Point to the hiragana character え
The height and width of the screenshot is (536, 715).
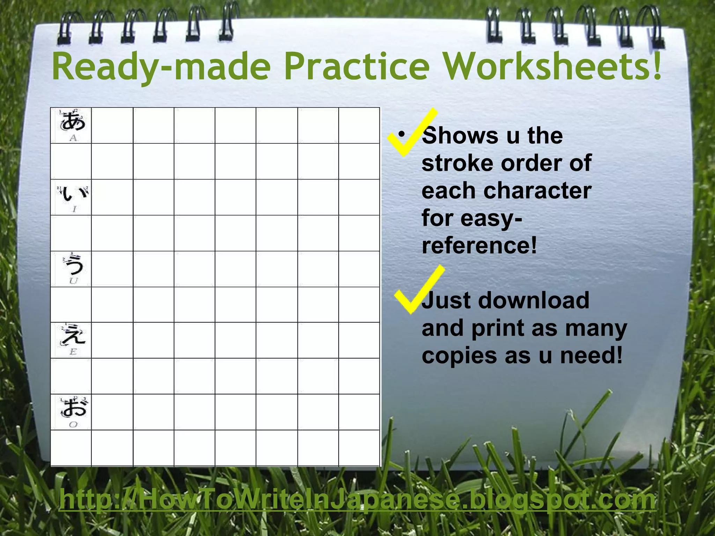[x=73, y=336]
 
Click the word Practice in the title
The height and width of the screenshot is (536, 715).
[x=356, y=66]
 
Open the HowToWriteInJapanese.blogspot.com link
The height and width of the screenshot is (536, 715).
[x=357, y=500]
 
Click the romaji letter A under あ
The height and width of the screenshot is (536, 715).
[x=73, y=138]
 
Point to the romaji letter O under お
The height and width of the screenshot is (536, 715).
[x=73, y=425]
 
